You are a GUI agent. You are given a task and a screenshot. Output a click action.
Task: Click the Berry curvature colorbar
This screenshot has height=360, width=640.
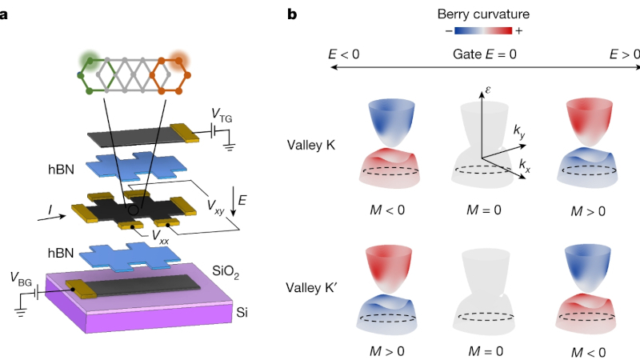pyautogui.click(x=483, y=32)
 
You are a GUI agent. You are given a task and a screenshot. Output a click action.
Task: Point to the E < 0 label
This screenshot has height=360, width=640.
pyautogui.click(x=342, y=54)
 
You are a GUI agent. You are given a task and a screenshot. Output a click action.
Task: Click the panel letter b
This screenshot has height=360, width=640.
pyautogui.click(x=293, y=14)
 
